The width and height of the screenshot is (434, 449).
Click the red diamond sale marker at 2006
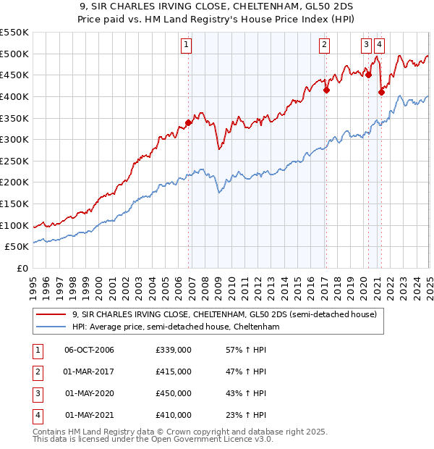click(x=189, y=122)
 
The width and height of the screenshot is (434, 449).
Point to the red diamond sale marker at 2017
click(x=326, y=90)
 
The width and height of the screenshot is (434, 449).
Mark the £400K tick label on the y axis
click(x=14, y=96)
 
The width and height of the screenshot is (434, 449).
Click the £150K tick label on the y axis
click(x=14, y=203)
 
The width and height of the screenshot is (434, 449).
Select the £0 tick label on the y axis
click(x=23, y=268)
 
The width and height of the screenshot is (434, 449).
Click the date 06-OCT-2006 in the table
click(x=89, y=351)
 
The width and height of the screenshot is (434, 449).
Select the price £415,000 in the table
click(x=174, y=372)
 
